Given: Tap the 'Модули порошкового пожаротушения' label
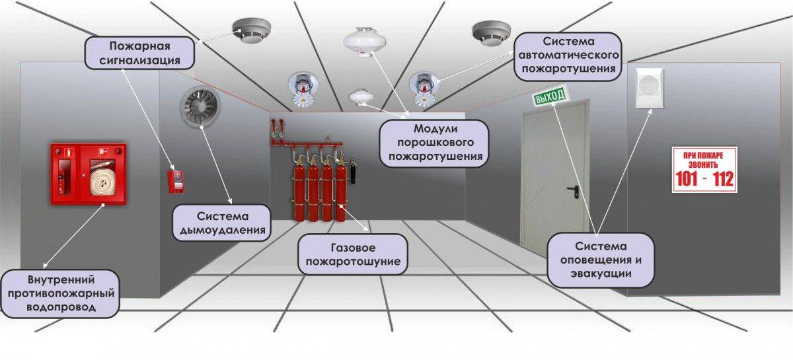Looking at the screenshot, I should (434, 142).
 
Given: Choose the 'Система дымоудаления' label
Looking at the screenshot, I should (223, 224).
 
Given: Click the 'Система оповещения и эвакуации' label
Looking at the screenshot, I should (601, 259).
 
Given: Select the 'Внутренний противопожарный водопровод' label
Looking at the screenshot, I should (60, 292).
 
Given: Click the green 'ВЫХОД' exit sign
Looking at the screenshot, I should (550, 98).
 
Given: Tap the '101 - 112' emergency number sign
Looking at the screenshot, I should (704, 170).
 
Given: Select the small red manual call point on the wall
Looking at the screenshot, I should (175, 182).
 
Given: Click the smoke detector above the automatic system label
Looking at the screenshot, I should (491, 32).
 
